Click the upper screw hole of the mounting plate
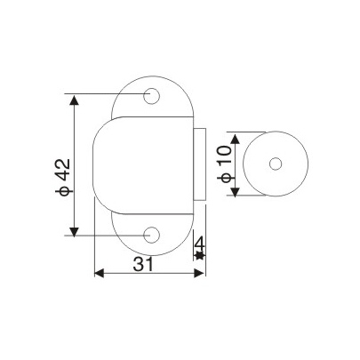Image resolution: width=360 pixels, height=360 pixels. (152, 93)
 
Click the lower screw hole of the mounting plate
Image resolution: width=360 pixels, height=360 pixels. (152, 235)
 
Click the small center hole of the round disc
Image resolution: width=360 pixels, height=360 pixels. (274, 164)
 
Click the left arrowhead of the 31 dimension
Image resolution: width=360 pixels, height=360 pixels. (99, 273)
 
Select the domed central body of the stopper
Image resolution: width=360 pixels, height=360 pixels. (142, 164)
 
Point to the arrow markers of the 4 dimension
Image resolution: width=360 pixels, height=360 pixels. (200, 256)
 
